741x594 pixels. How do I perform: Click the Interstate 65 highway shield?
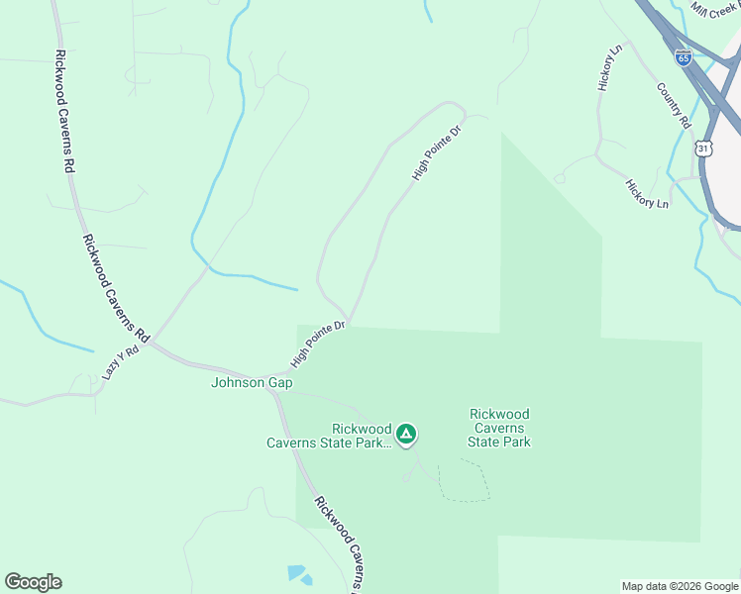click(x=684, y=57)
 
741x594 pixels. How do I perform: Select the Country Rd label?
click(x=673, y=105)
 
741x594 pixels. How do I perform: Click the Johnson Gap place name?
click(x=252, y=382)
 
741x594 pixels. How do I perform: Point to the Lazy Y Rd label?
click(x=121, y=363)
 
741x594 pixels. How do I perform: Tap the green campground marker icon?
click(x=405, y=434)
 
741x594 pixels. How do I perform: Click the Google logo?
click(x=33, y=582)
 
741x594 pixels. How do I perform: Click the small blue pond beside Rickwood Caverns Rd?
click(x=297, y=573)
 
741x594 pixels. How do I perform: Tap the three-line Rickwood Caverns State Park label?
click(x=499, y=428)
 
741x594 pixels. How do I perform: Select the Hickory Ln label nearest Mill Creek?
click(x=610, y=67)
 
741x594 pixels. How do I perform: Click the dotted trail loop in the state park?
click(x=464, y=481)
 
